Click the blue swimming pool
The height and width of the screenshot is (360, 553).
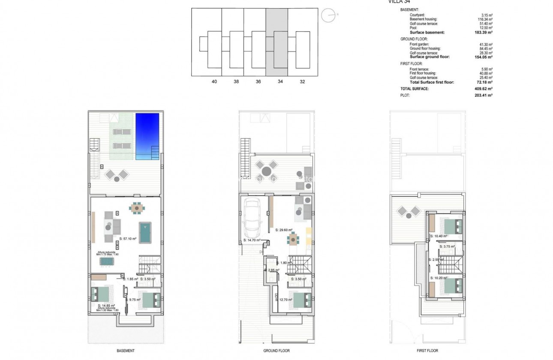(147, 136)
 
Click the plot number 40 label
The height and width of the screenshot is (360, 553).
(214, 81)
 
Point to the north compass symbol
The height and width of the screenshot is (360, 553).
(329, 15)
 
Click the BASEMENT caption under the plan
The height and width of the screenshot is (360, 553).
(126, 351)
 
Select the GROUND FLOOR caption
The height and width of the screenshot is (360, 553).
(277, 351)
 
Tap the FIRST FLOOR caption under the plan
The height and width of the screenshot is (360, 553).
(427, 351)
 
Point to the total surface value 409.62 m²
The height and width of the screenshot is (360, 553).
(484, 89)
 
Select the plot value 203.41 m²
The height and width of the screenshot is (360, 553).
(484, 95)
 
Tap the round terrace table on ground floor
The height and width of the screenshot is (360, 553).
(267, 171)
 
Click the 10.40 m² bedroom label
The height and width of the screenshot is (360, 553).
(439, 236)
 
